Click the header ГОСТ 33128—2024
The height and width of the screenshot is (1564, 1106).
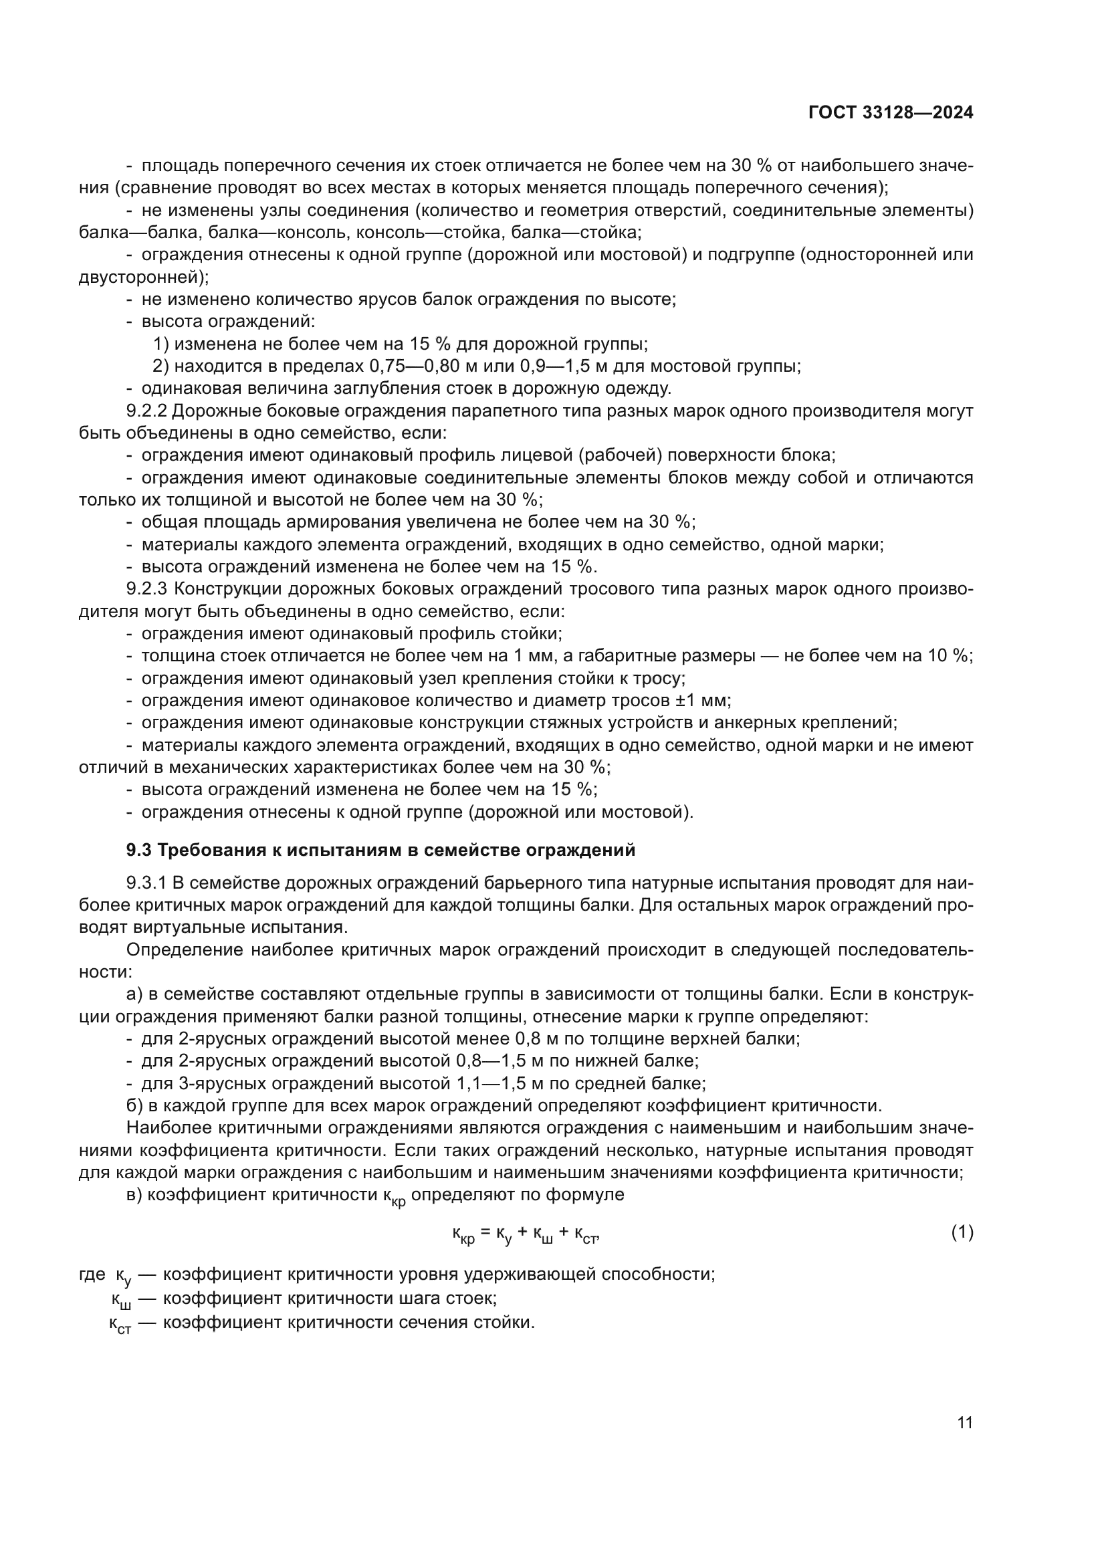[x=890, y=113]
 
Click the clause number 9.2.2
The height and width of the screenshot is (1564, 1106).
[x=147, y=411]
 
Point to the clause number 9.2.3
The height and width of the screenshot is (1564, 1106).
[x=147, y=588]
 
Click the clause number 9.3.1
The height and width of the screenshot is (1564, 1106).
[x=147, y=883]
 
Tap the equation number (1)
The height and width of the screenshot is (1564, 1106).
[x=962, y=1232]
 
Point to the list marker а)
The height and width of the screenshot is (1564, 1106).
[x=134, y=994]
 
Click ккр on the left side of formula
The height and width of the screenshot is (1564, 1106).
[x=463, y=1234]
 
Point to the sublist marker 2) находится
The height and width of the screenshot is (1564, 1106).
[x=160, y=366]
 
